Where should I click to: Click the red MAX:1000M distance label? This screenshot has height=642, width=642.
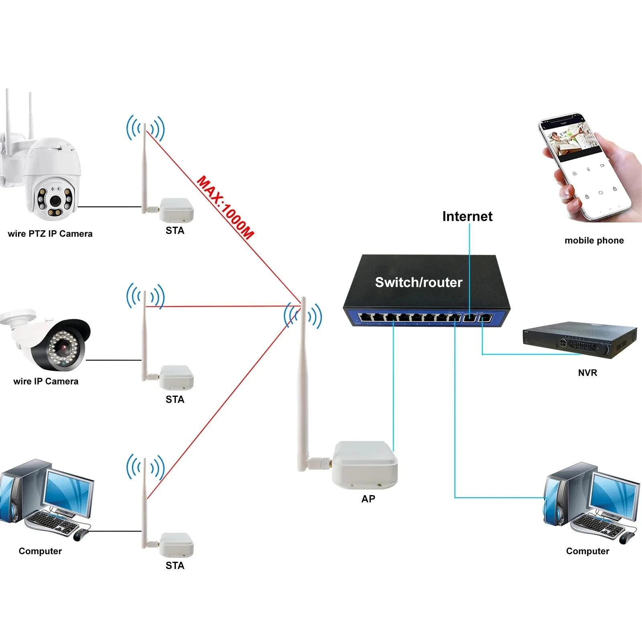(226, 207)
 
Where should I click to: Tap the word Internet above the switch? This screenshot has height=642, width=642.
(467, 216)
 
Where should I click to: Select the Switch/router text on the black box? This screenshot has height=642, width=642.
(419, 282)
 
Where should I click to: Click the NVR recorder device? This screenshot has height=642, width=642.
(580, 340)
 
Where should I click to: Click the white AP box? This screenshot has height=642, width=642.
(364, 465)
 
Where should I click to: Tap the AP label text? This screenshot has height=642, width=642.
(368, 499)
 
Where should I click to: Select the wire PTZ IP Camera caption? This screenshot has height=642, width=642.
(50, 234)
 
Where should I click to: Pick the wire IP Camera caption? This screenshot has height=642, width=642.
(46, 381)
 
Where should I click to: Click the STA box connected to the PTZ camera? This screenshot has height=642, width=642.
(176, 210)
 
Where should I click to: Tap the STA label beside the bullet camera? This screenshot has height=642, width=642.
(175, 399)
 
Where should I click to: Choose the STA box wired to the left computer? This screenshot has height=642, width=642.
(176, 544)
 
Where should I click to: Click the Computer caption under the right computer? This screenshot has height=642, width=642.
(587, 551)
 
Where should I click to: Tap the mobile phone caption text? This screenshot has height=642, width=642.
(594, 240)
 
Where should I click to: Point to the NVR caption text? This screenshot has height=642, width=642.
(587, 373)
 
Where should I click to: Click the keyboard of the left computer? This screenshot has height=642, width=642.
(52, 522)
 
